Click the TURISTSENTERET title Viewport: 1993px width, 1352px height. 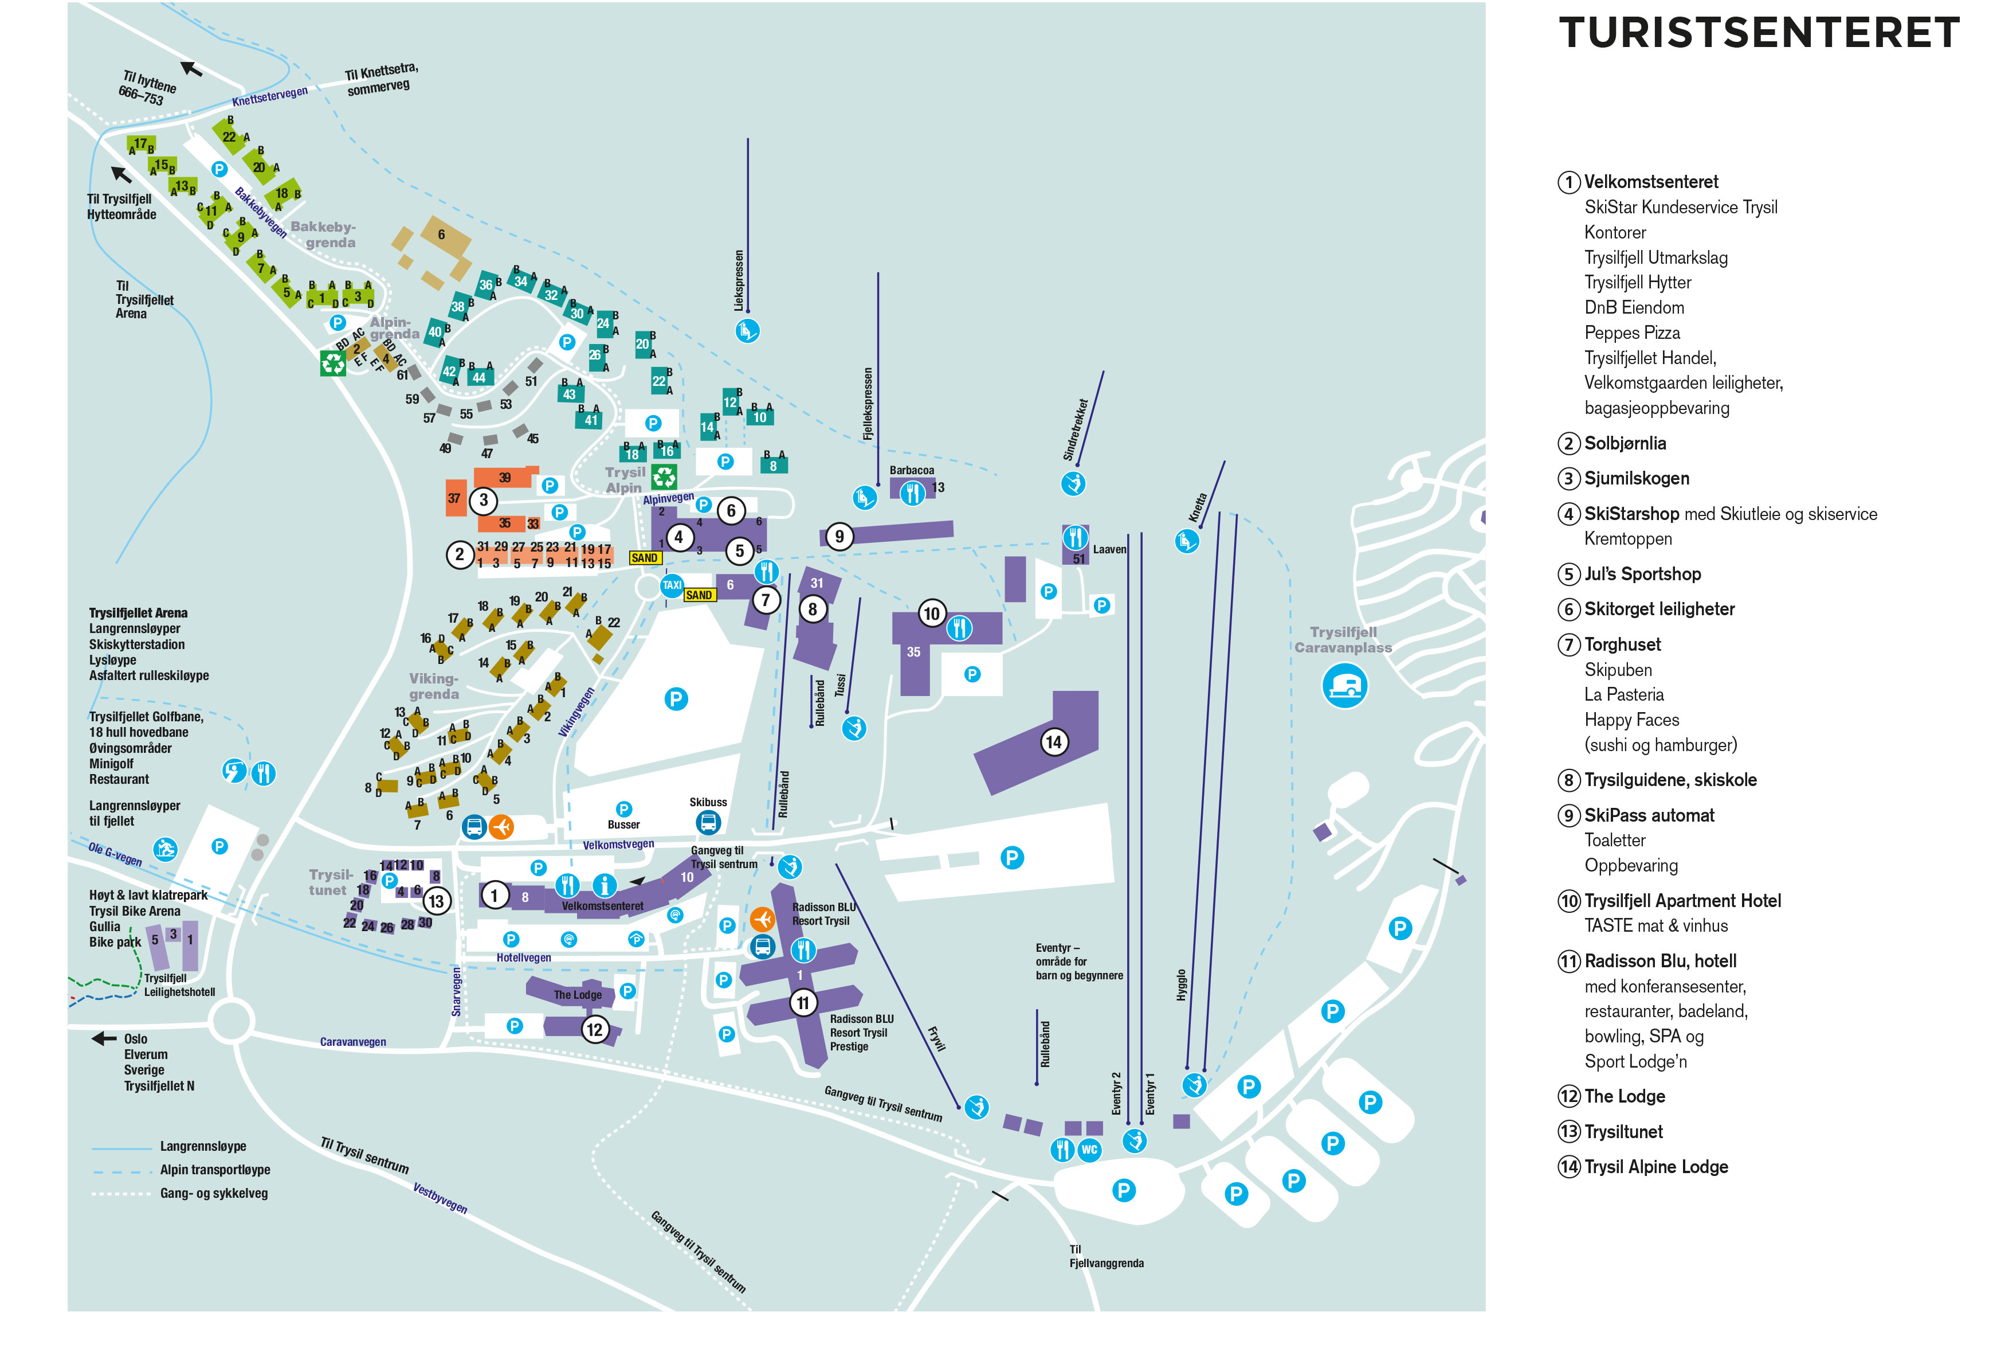[1758, 33]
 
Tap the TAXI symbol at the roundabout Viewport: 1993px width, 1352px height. [672, 585]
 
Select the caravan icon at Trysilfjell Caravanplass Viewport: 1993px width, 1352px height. [1344, 686]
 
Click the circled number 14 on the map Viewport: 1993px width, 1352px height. [1053, 742]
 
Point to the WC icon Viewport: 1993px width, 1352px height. [1088, 1150]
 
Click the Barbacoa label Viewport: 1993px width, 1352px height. [912, 470]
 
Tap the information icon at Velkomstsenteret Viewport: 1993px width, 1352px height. [605, 885]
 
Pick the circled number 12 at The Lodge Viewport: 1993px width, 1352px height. [594, 1029]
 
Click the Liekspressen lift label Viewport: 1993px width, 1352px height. [739, 280]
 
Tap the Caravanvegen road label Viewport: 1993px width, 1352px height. [352, 1042]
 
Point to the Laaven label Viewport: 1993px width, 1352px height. [1109, 550]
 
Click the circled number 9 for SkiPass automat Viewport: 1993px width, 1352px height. [839, 536]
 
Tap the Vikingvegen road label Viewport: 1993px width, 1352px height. [576, 712]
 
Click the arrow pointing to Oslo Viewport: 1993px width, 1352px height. [104, 1039]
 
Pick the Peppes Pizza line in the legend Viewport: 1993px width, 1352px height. [1631, 333]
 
